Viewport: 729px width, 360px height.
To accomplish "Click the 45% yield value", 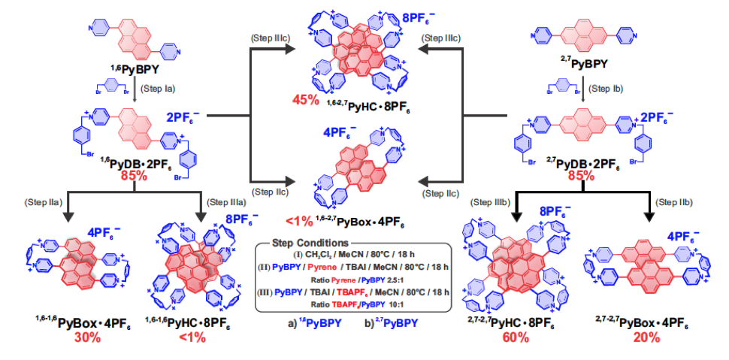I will pyautogui.click(x=306, y=99).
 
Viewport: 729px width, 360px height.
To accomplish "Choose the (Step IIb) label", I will pyautogui.click(x=676, y=201).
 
